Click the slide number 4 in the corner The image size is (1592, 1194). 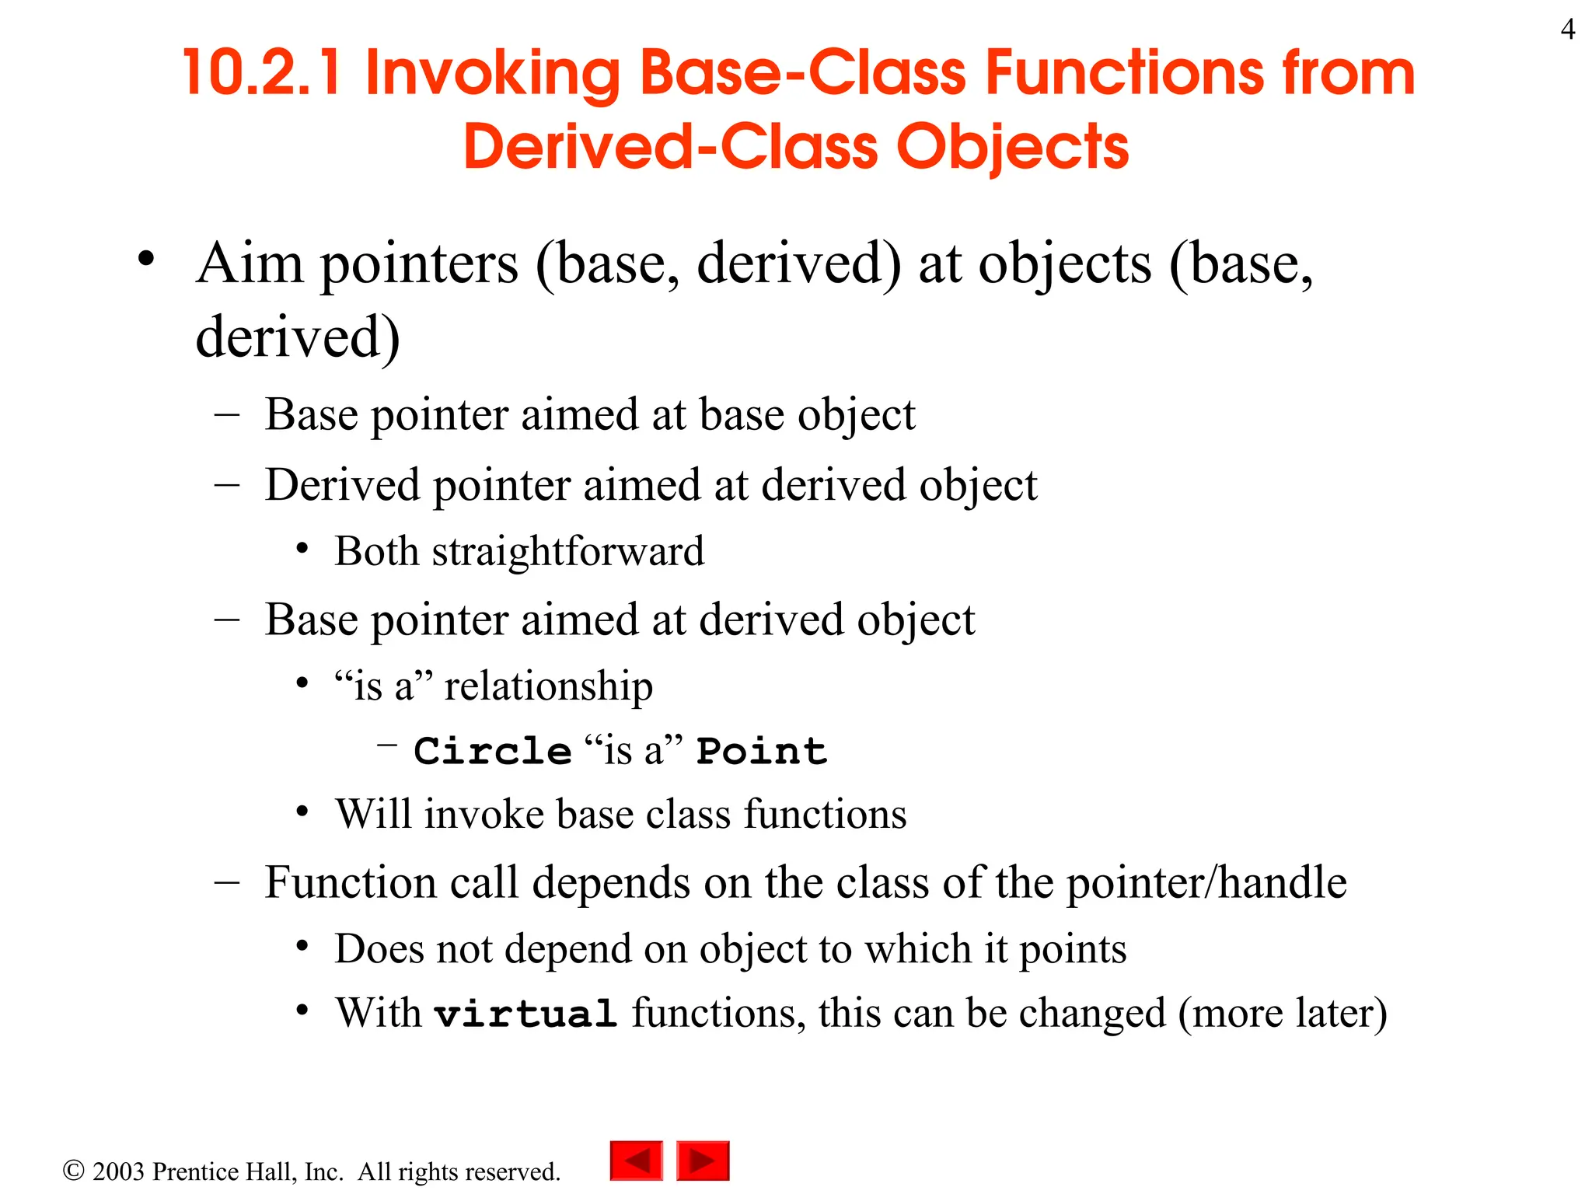1567,30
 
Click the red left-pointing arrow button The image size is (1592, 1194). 636,1161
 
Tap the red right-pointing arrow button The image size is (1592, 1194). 703,1161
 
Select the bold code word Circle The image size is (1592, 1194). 493,752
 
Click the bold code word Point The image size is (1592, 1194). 761,752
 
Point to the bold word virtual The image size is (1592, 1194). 525,1014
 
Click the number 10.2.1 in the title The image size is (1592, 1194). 262,73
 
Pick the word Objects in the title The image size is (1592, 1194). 1013,147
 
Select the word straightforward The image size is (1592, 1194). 568,552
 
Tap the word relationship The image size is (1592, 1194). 548,686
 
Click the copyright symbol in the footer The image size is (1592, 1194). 73,1171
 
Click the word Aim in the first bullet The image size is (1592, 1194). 250,264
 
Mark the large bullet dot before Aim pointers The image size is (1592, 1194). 146,259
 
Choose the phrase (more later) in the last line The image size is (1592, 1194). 1283,1014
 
